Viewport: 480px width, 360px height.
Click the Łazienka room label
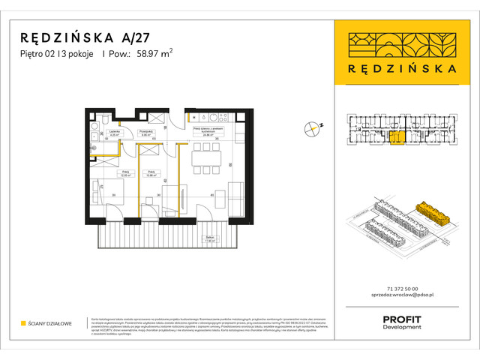[x=115, y=135]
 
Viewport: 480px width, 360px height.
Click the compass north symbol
[x=313, y=128]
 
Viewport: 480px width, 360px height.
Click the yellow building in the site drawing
[x=435, y=213]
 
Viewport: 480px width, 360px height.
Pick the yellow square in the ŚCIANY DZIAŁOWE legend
[x=22, y=323]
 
